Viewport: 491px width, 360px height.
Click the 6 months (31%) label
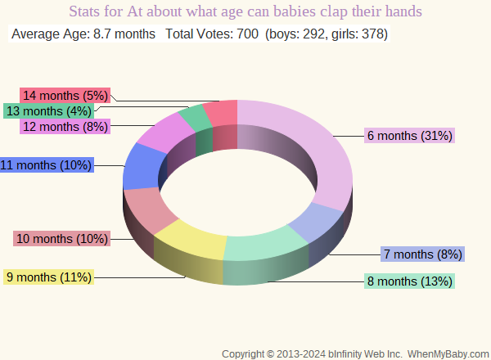tap(410, 136)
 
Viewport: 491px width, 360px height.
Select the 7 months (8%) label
tap(423, 254)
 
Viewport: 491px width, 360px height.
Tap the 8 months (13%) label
tap(410, 282)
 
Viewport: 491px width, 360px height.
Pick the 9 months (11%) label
tap(49, 277)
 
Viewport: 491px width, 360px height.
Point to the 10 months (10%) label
tap(62, 239)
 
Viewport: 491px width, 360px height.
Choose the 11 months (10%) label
tap(47, 165)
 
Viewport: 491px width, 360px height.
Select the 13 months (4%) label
tap(49, 110)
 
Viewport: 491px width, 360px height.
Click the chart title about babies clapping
tap(245, 12)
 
